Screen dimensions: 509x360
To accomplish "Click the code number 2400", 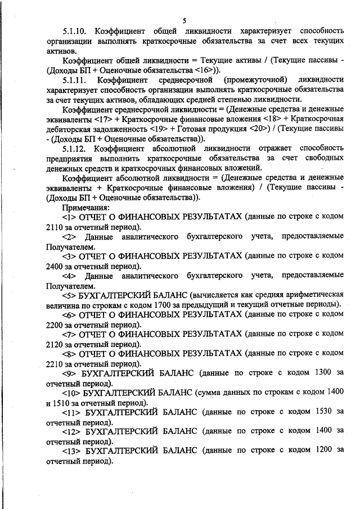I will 56,265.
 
